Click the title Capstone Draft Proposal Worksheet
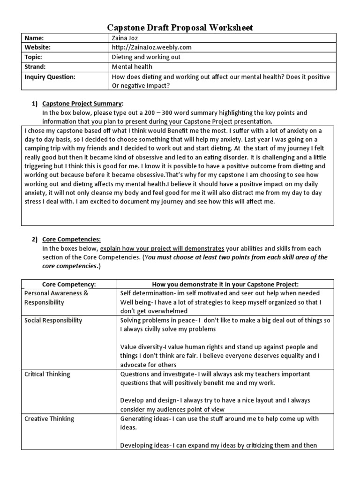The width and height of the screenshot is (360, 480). click(x=180, y=28)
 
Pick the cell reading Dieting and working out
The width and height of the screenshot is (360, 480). click(x=146, y=57)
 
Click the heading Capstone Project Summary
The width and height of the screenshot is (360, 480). click(x=82, y=103)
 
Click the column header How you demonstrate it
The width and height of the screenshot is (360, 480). click(x=225, y=284)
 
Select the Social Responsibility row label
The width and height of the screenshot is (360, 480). click(x=53, y=320)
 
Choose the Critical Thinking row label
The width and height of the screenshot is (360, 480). click(x=47, y=374)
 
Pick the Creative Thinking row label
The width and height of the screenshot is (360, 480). click(x=49, y=419)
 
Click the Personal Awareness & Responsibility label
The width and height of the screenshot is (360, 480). click(x=56, y=298)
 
